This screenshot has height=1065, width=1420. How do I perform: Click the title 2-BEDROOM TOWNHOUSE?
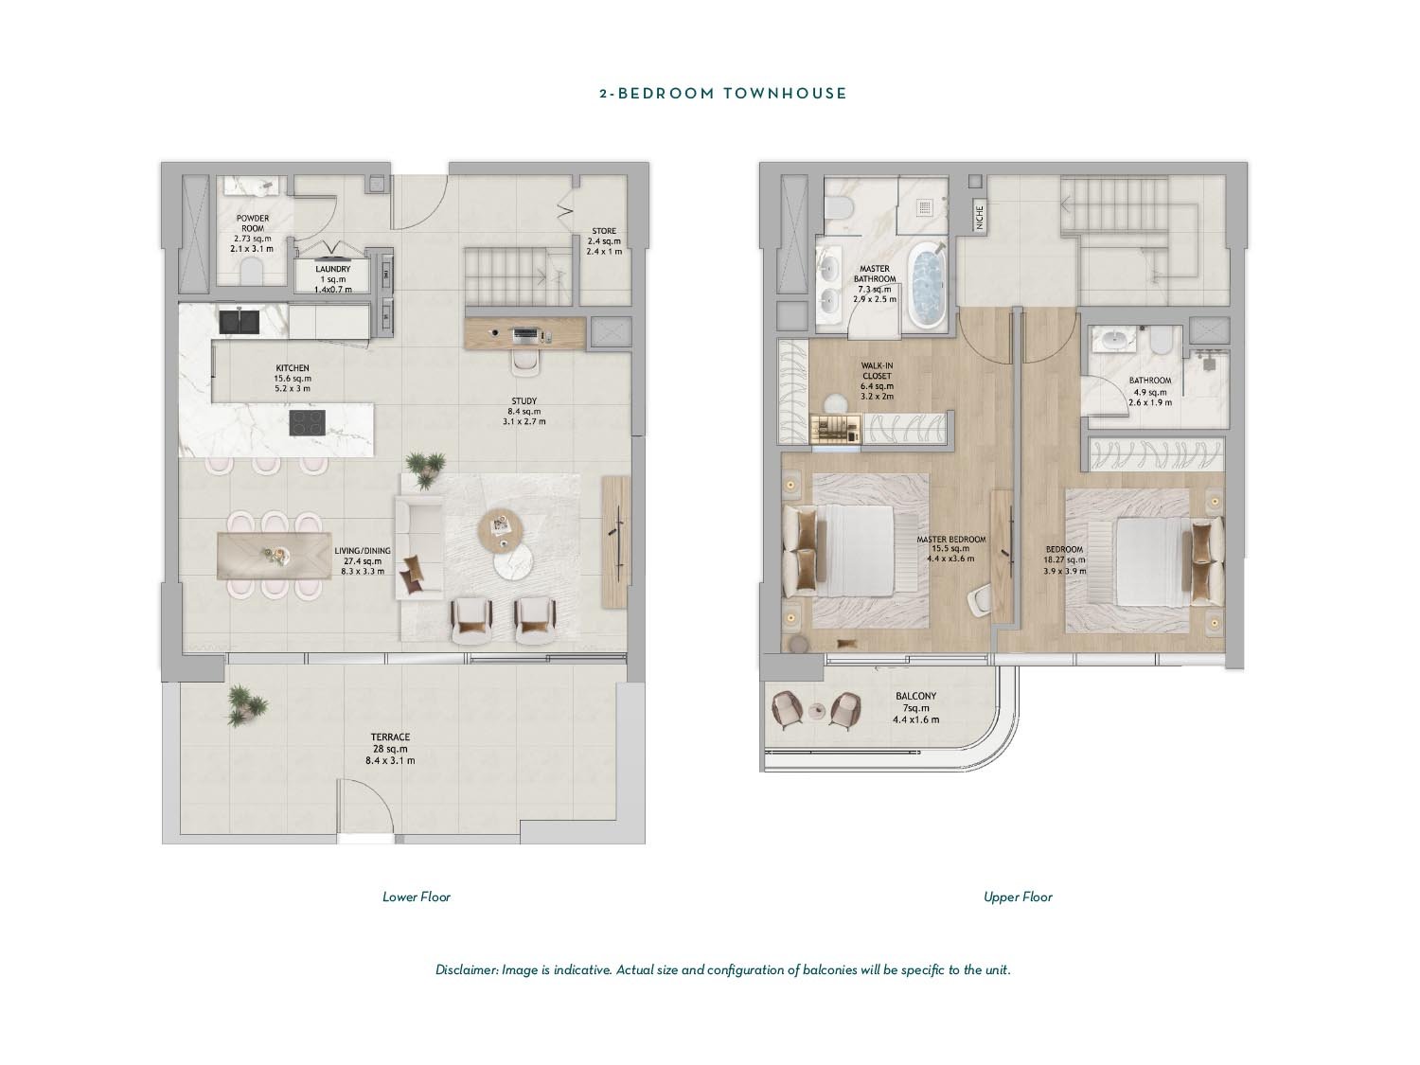coord(722,93)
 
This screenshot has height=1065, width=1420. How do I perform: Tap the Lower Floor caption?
coord(416,896)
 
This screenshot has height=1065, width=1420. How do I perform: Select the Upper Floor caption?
coord(1018,896)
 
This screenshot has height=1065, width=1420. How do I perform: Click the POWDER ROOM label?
coord(253,223)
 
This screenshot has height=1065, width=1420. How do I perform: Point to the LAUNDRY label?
coord(332,269)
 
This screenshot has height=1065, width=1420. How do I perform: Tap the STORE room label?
coord(604,231)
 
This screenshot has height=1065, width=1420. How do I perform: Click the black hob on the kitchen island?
coord(307,423)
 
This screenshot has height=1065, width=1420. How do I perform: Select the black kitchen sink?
coord(240,322)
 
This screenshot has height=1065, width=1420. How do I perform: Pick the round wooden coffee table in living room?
coord(500,530)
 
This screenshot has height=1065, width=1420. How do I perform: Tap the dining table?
coord(275,555)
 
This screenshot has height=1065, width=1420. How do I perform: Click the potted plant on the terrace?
coord(247,705)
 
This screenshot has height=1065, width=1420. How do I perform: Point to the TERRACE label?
coord(390,737)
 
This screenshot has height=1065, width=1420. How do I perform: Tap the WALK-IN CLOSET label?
coord(877,370)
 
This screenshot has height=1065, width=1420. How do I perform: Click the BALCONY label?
coord(916,697)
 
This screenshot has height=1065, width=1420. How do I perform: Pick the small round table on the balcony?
coord(818,710)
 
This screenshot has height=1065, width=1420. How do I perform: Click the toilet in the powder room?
coord(253,273)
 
